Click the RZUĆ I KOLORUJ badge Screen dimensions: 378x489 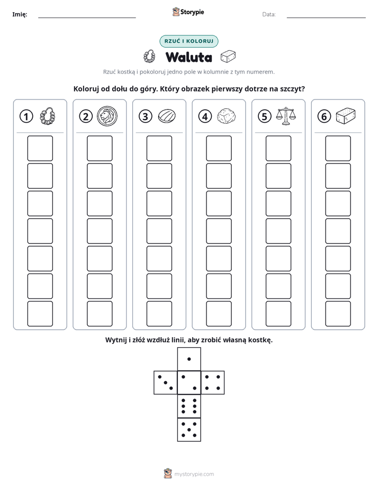click(188, 41)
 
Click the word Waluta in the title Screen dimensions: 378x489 click(188, 57)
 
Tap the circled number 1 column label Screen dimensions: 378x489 click(26, 116)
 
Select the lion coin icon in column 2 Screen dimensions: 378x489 click(107, 116)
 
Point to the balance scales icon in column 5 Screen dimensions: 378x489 click(286, 116)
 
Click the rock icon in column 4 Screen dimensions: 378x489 click(226, 116)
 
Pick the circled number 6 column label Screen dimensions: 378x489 click(324, 116)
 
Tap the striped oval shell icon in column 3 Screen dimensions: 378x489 click(167, 116)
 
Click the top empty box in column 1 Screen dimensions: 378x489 click(40, 148)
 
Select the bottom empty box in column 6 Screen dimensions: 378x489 click(338, 314)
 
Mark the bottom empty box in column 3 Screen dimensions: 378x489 click(159, 314)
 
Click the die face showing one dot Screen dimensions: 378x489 click(189, 359)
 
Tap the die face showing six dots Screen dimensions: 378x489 click(189, 406)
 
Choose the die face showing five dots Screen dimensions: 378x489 click(189, 430)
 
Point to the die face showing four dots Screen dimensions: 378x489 click(213, 383)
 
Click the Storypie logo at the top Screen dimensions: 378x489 click(188, 12)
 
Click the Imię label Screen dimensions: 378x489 click(20, 14)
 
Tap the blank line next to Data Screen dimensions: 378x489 click(326, 18)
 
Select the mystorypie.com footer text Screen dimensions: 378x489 click(194, 474)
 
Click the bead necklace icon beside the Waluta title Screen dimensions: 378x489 click(149, 57)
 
